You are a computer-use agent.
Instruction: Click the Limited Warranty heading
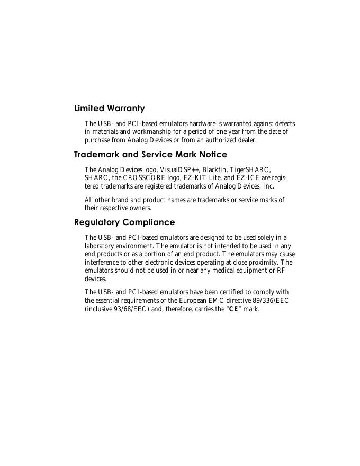(109, 109)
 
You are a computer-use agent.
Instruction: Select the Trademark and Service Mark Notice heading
(150, 155)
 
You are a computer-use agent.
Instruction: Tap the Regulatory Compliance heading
(124, 222)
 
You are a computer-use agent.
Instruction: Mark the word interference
(102, 263)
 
